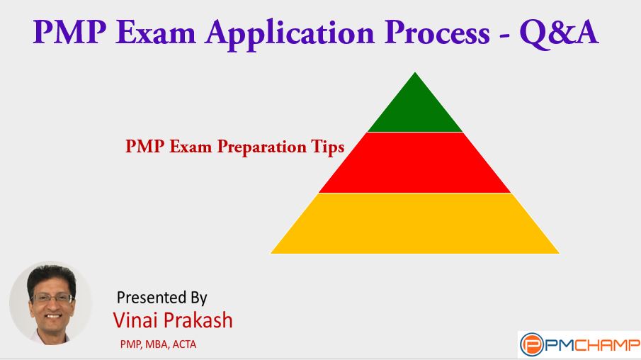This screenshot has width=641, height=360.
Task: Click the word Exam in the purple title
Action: coord(156,32)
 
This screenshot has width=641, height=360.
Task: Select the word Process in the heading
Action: coord(437,32)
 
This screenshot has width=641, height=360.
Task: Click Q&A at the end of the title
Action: coord(560,33)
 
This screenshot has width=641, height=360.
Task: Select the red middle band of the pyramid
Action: coord(415,162)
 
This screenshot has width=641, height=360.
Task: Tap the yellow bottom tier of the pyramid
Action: coord(415,223)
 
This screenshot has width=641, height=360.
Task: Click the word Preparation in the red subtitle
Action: coord(261,147)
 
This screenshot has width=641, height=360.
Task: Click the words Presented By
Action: coord(162,298)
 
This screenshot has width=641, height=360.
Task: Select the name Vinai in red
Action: coord(135,320)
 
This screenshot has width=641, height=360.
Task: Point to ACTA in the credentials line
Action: coord(184,344)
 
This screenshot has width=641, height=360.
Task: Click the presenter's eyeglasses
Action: coord(52,298)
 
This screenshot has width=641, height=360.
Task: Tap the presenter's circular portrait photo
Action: coord(51,303)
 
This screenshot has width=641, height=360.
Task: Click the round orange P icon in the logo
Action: coord(532,345)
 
